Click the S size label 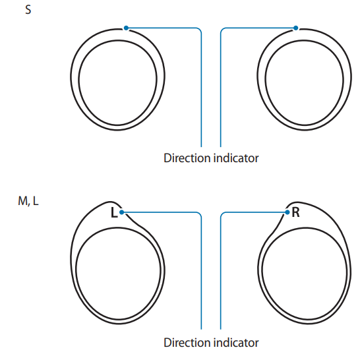[x=28, y=10]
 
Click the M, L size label [x=28, y=201]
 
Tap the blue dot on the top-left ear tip [x=126, y=28]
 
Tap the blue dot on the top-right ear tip [x=295, y=28]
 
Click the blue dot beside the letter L [x=122, y=212]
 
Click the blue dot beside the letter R [x=287, y=212]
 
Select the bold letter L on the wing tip [x=114, y=212]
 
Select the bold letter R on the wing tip [x=295, y=212]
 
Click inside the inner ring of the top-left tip [x=117, y=82]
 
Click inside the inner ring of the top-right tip [x=305, y=82]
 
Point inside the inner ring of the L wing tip [x=118, y=273]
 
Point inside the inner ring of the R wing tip [x=305, y=273]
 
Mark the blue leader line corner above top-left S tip [x=200, y=30]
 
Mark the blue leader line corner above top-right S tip [x=222, y=30]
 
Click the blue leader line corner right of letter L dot [x=200, y=214]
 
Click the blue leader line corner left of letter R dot [x=222, y=214]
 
